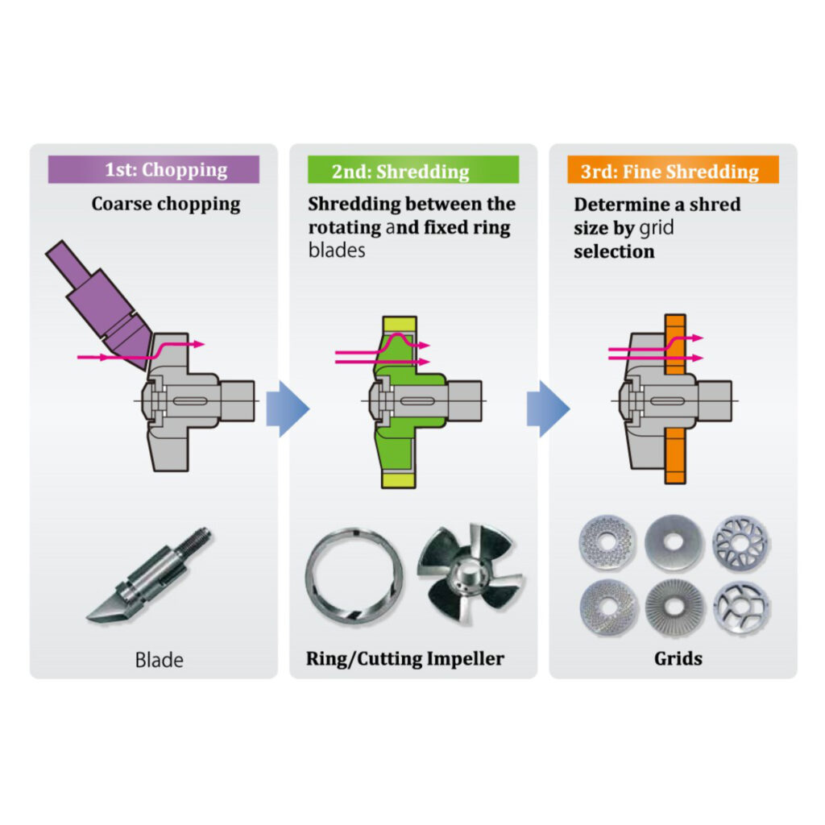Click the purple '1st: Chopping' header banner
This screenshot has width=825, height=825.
[x=154, y=169]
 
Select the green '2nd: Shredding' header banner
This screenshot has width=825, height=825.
[x=413, y=169]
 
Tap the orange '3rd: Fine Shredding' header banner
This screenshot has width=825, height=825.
[x=673, y=169]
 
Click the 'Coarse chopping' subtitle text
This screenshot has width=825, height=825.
[x=166, y=204]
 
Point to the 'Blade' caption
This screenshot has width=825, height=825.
[x=159, y=660]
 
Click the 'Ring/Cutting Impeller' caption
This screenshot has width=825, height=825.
[x=405, y=659]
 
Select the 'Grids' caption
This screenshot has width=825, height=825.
[x=678, y=659]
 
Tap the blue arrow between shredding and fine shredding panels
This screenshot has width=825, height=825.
[x=548, y=408]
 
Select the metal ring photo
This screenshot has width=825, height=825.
[x=354, y=575]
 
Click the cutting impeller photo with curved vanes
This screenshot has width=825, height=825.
[x=470, y=574]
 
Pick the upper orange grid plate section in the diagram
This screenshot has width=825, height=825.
[x=676, y=345]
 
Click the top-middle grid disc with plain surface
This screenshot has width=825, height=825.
[x=674, y=542]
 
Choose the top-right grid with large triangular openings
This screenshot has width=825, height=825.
[x=741, y=543]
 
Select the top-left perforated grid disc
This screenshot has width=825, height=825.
[x=607, y=543]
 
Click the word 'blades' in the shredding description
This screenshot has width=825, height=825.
[x=337, y=251]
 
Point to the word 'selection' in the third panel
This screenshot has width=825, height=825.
[x=614, y=251]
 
